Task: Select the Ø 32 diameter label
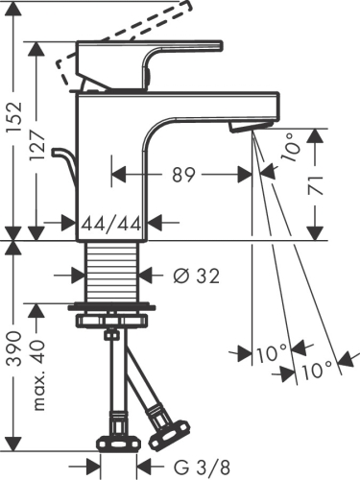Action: tap(197, 276)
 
